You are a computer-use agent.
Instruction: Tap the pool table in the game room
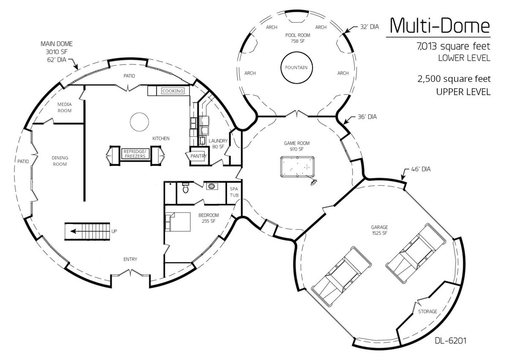click(297, 167)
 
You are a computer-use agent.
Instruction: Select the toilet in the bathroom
click(185, 188)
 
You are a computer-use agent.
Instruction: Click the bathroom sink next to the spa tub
click(212, 186)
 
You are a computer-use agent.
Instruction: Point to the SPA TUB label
click(234, 192)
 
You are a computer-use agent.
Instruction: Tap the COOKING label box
click(173, 91)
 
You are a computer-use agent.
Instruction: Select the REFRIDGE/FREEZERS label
click(135, 154)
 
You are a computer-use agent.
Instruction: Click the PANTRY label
click(199, 156)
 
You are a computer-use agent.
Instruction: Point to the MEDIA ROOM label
click(65, 107)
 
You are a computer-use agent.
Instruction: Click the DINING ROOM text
click(60, 161)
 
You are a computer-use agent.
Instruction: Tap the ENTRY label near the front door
click(130, 259)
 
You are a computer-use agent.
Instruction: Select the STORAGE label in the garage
click(428, 311)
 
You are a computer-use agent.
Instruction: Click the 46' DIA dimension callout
click(421, 169)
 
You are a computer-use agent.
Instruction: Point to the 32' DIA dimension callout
click(369, 27)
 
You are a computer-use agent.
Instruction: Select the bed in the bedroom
click(178, 222)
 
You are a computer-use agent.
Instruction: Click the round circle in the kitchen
click(139, 122)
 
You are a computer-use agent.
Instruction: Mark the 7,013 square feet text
click(453, 46)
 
